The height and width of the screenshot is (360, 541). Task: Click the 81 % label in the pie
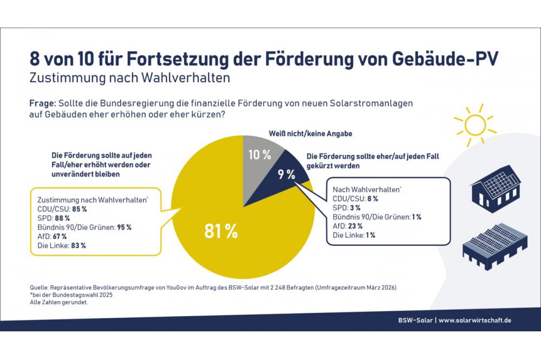(221, 231)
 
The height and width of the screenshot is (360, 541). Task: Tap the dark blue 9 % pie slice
(287, 174)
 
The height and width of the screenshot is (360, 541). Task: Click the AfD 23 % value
(355, 226)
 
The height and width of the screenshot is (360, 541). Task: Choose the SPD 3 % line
(347, 208)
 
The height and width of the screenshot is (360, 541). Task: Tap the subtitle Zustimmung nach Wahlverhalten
(130, 77)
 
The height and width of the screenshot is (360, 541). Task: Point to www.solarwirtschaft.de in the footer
(474, 321)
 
